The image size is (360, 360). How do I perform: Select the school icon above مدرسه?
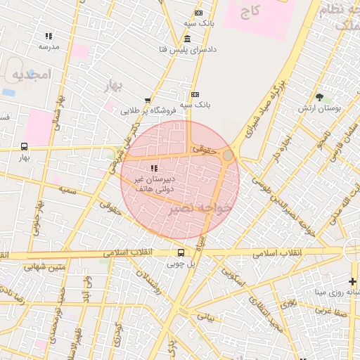coord(49,36)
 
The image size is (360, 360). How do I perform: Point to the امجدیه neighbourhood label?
coord(27,75)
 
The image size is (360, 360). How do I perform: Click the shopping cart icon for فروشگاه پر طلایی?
coord(147,101)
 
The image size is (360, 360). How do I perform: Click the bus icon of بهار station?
coord(25,147)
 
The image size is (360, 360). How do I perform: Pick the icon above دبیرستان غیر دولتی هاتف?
coord(153,168)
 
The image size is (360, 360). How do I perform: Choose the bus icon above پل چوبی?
coord(181,253)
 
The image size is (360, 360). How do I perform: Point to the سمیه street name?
coord(67,190)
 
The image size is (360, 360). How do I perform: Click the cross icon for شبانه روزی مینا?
coord(352,281)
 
